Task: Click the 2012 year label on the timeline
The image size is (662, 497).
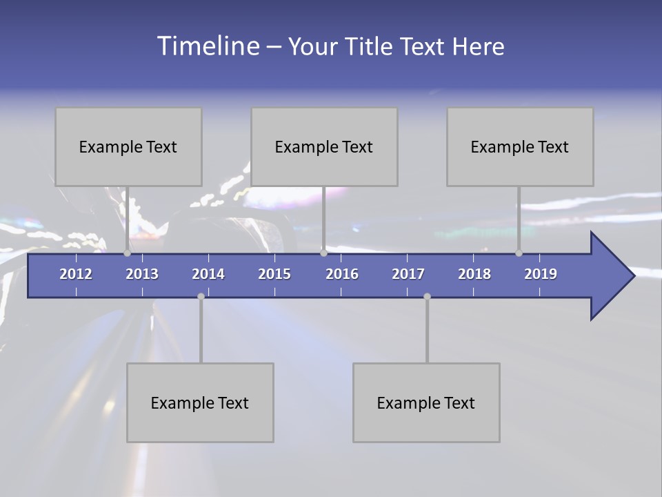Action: [76, 274]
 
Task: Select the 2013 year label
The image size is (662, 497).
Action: [142, 274]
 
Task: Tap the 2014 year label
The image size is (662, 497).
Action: [208, 274]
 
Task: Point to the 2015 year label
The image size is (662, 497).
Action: [274, 274]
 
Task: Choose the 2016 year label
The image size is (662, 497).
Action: [342, 274]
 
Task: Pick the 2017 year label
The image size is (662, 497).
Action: [408, 274]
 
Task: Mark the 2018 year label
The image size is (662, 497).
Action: [474, 274]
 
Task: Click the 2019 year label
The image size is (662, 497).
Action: [541, 274]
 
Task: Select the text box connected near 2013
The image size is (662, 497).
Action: [128, 146]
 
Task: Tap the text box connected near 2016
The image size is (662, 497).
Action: [324, 146]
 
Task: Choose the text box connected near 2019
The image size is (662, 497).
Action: [520, 146]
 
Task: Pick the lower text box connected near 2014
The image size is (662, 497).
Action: [200, 402]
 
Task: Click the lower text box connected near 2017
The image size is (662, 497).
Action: [426, 402]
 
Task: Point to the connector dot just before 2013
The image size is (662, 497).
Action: [128, 253]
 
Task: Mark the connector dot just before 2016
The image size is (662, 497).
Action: [324, 253]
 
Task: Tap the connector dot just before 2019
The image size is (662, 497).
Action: [519, 253]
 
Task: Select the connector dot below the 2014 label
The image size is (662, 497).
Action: [201, 296]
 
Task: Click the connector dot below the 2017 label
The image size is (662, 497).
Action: [427, 296]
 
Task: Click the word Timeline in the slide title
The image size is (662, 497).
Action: [208, 46]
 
